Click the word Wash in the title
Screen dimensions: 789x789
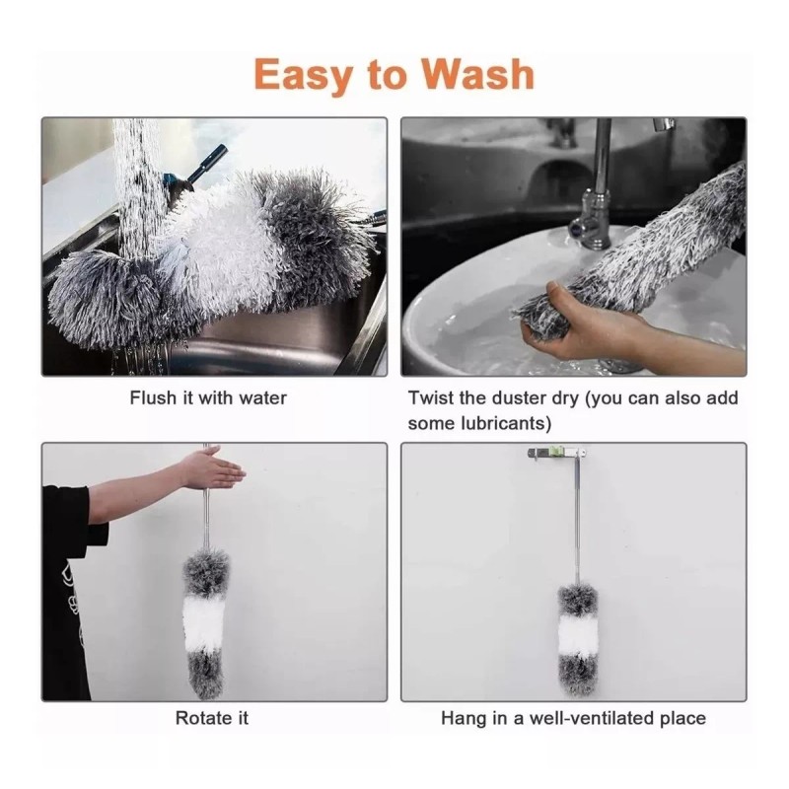coord(477,75)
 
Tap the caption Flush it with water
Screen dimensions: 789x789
coord(208,398)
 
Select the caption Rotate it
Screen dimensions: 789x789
coord(212,718)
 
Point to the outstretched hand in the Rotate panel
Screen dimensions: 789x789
coord(214,467)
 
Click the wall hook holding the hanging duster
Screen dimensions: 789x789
coord(557,453)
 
